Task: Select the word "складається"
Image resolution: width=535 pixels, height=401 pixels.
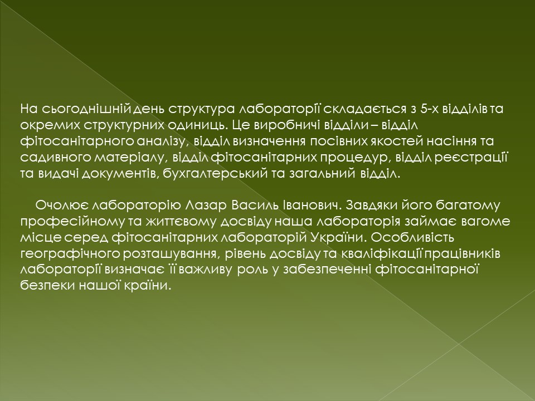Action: coord(365,109)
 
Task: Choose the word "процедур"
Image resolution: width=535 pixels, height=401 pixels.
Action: coord(356,158)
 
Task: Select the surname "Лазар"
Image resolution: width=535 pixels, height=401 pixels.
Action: coord(206,206)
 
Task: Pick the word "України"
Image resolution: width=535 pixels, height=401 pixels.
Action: coord(338,238)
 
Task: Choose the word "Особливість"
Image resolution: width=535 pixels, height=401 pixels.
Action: coord(412,238)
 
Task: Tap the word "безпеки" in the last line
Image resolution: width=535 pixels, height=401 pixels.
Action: coord(47,285)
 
